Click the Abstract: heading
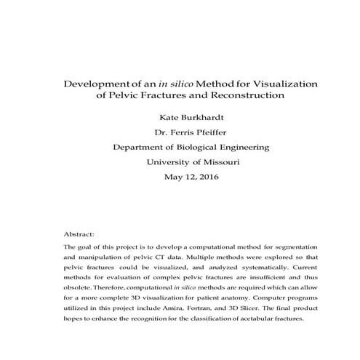[79, 235]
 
